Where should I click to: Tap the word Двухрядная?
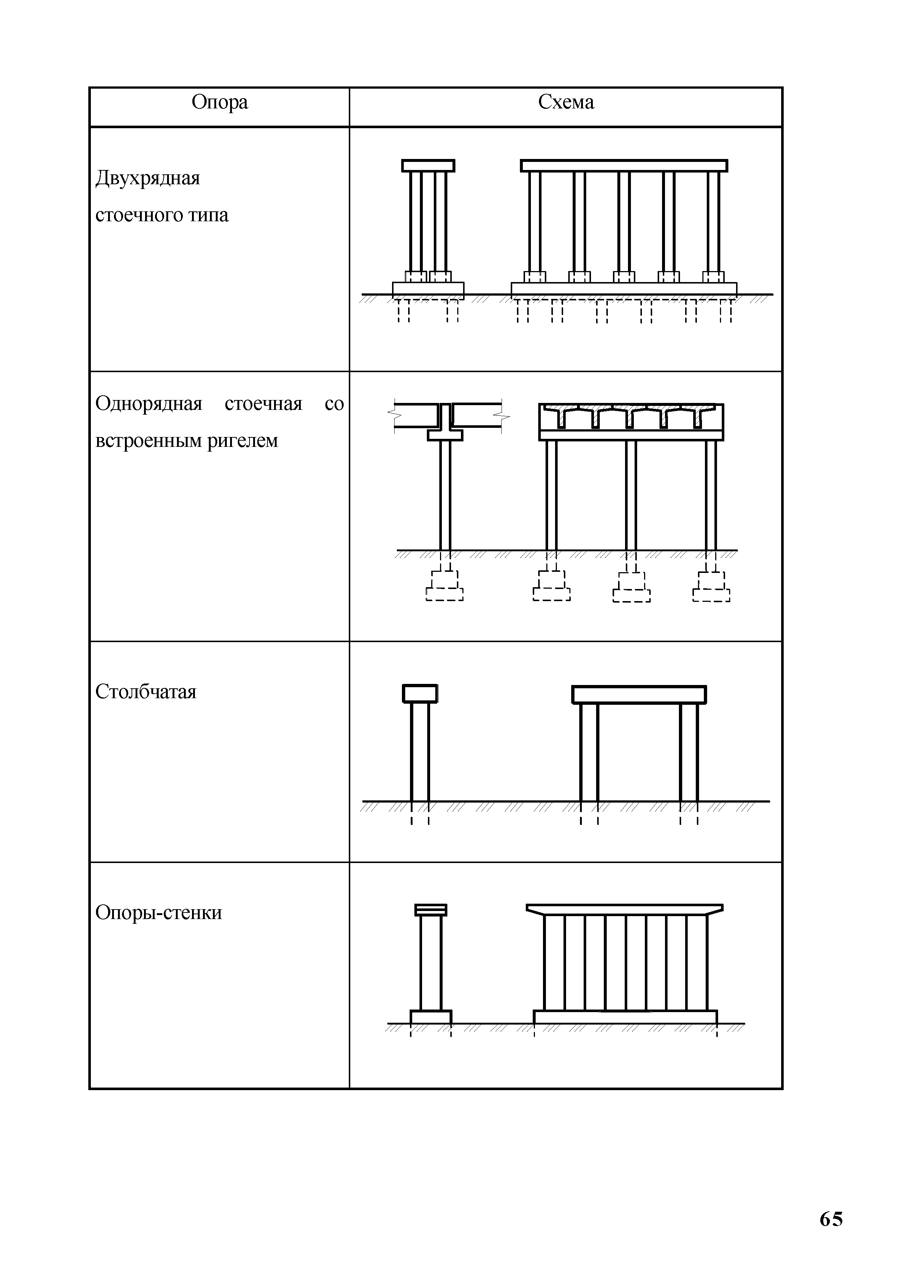148,178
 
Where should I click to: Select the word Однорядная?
148,404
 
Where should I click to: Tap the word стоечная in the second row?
263,404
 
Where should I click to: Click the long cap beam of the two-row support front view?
624,166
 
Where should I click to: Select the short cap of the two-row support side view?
428,166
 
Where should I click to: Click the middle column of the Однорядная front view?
631,495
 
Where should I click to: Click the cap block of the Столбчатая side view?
420,693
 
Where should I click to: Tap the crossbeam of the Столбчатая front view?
639,695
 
